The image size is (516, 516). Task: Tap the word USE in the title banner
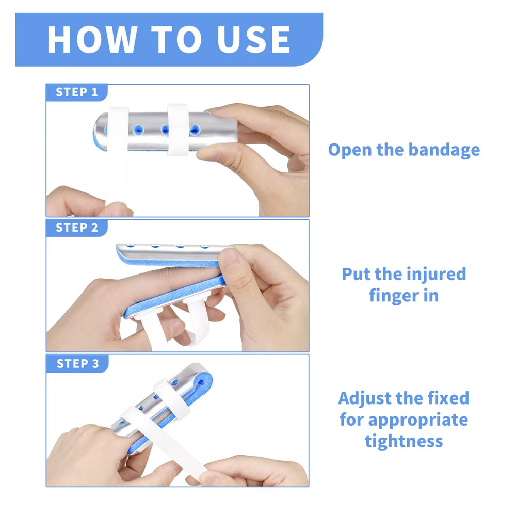tap(253, 39)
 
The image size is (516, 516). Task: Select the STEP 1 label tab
tap(77, 92)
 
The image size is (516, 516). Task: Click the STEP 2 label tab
tap(77, 228)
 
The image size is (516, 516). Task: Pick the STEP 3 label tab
tap(77, 363)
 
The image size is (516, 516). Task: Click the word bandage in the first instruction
tap(444, 150)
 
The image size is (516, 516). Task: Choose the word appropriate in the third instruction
tap(418, 421)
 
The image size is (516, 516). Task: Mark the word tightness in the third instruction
tap(404, 441)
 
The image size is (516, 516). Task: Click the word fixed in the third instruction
tap(448, 398)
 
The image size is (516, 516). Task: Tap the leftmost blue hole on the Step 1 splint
tap(138, 130)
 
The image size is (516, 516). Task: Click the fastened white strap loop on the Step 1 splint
tap(178, 130)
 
